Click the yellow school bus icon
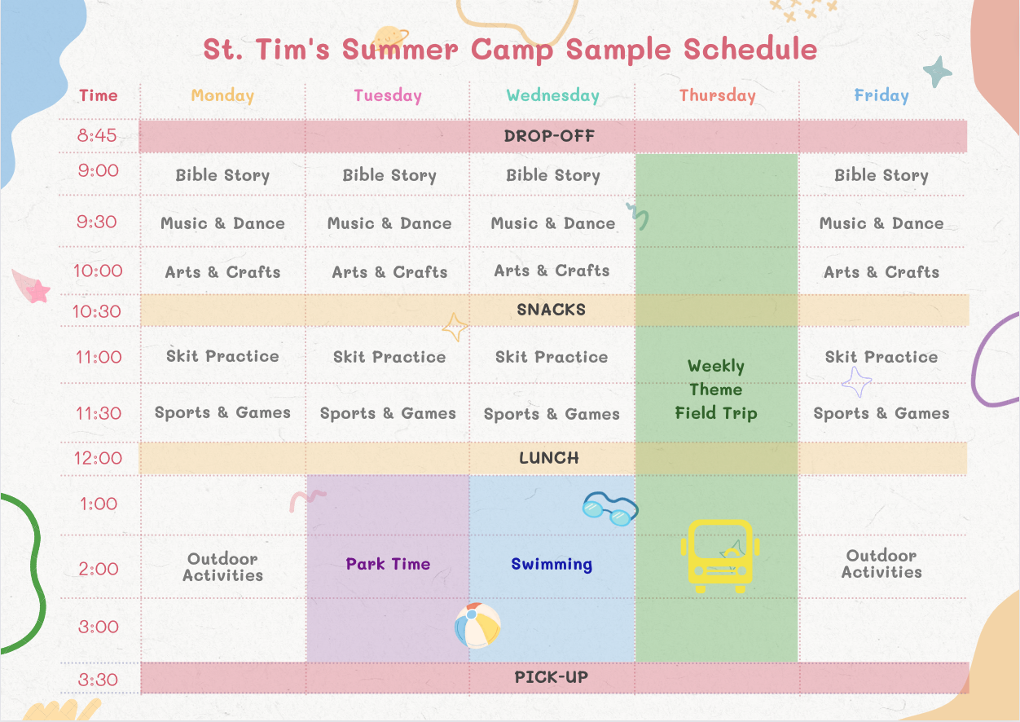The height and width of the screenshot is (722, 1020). pos(720,556)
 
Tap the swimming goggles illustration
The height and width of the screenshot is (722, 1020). pos(610,508)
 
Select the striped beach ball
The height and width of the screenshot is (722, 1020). pos(477,625)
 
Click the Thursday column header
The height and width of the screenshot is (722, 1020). pos(717,95)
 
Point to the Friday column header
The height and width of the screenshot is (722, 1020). pos(882,95)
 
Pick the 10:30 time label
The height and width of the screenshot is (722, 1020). pos(97,311)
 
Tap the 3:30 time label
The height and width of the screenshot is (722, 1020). pos(98,680)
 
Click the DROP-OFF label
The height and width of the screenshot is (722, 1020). pos(549,136)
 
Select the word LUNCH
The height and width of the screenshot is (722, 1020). pos(549,458)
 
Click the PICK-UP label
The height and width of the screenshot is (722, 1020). pos(551,677)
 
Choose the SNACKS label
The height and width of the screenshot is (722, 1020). pos(551,310)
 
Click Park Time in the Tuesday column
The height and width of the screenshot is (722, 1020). pos(388,564)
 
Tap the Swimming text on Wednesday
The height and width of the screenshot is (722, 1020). pos(552,565)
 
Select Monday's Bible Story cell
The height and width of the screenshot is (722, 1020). pos(222,175)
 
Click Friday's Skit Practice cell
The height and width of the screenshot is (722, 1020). pos(882,357)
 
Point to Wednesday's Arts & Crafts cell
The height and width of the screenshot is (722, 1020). pos(552,271)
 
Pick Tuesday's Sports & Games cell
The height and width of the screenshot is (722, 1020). pos(388,413)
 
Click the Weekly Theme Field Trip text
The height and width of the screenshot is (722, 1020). pos(716,390)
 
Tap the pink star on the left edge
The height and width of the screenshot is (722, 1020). pos(37,292)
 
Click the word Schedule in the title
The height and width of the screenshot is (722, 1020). pos(750,49)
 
